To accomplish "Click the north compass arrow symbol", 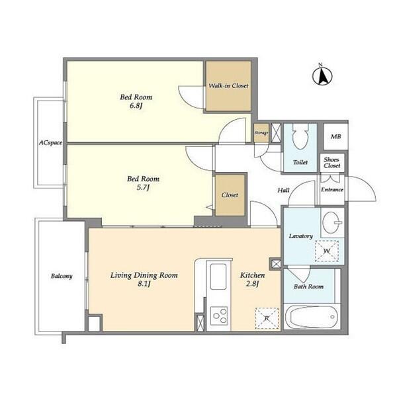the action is [322, 75].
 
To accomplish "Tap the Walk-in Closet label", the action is [228, 86].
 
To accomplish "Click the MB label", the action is [335, 136].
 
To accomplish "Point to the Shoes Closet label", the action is [331, 163].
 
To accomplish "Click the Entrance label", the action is [332, 189].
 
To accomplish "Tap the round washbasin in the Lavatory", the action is [332, 222].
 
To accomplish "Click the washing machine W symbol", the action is [327, 251].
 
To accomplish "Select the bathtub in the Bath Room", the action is [312, 317].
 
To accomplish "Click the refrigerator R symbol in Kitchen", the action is [267, 318].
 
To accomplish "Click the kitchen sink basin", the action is [218, 277].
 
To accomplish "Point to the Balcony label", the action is [62, 276].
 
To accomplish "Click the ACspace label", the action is [50, 143].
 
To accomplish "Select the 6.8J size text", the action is [136, 106].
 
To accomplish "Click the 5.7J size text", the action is [143, 188].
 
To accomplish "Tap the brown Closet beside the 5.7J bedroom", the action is [230, 195].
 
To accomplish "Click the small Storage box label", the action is [261, 133].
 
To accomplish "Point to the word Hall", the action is [283, 190].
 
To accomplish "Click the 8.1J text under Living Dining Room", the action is [144, 284].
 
